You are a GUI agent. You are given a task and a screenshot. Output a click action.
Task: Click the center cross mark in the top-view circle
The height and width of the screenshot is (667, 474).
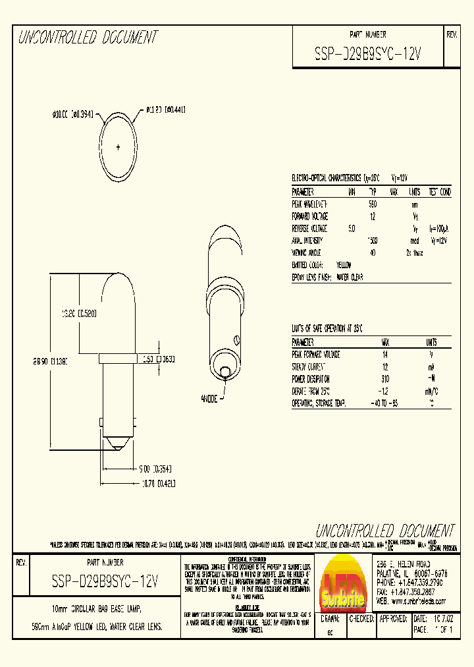pyautogui.click(x=118, y=147)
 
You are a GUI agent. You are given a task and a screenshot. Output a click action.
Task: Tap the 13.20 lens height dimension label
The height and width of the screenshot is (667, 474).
pyautogui.click(x=79, y=314)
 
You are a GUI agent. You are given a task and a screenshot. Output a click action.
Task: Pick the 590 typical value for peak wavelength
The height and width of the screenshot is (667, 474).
pyautogui.click(x=372, y=204)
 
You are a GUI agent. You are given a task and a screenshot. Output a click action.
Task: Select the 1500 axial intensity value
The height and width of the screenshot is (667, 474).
pyautogui.click(x=372, y=241)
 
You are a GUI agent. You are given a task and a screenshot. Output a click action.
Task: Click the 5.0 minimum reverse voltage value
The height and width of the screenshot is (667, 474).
pyautogui.click(x=352, y=228)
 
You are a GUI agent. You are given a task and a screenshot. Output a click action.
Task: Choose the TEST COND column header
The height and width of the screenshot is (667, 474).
pyautogui.click(x=440, y=192)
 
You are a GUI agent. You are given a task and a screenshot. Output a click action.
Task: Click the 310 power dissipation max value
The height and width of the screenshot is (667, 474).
pyautogui.click(x=385, y=379)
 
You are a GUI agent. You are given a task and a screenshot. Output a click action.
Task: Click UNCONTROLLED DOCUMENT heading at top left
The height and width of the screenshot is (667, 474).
pyautogui.click(x=88, y=38)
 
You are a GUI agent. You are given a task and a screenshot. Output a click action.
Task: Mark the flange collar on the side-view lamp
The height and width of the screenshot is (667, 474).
pyautogui.click(x=117, y=359)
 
